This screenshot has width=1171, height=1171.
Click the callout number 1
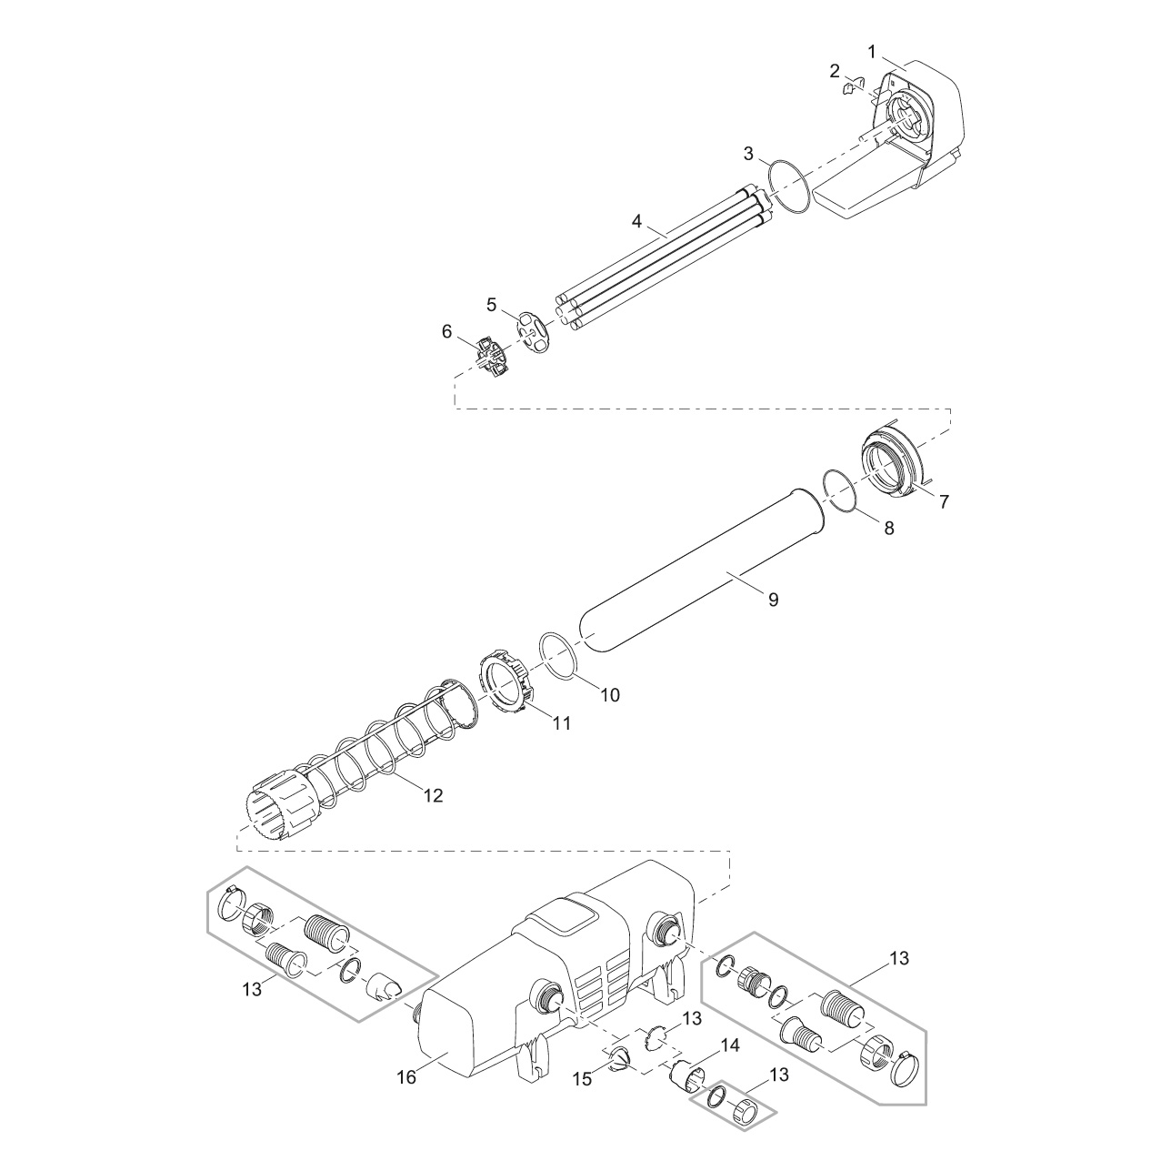872,52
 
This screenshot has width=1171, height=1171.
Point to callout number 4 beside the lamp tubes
636,221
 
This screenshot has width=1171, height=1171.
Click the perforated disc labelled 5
533,332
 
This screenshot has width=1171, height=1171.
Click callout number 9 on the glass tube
773,600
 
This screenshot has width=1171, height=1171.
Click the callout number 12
434,795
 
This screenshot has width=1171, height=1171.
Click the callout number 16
406,1077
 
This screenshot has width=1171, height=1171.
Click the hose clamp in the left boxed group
229,911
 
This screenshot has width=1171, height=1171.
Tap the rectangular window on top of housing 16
565,927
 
